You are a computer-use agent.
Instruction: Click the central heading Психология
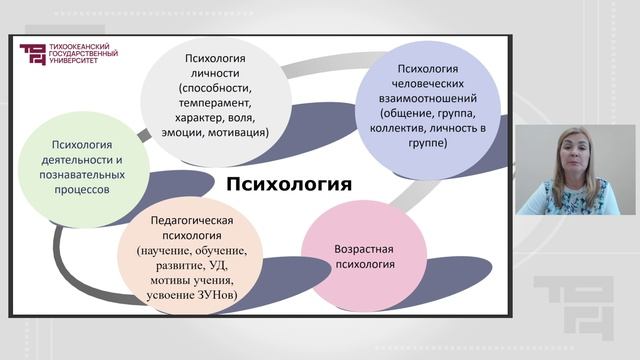pyautogui.click(x=288, y=184)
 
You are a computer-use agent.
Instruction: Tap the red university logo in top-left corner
pyautogui.click(x=32, y=56)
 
